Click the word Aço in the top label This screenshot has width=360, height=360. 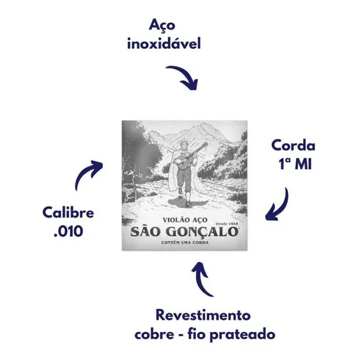(162, 25)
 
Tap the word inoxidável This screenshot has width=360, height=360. (164, 44)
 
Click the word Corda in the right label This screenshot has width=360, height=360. (293, 145)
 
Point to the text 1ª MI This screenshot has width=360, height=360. (295, 164)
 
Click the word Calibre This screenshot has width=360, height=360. (68, 212)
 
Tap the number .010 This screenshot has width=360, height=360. (68, 232)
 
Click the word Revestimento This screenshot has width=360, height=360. (203, 315)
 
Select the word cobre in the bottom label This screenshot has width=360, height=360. (154, 334)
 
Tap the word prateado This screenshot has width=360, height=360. (243, 335)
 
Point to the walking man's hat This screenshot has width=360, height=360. (184, 142)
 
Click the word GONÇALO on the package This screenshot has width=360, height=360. (202, 232)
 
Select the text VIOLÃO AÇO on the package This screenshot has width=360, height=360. (185, 220)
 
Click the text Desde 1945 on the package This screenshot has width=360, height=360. (227, 224)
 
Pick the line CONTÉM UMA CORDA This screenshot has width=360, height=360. (185, 243)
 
